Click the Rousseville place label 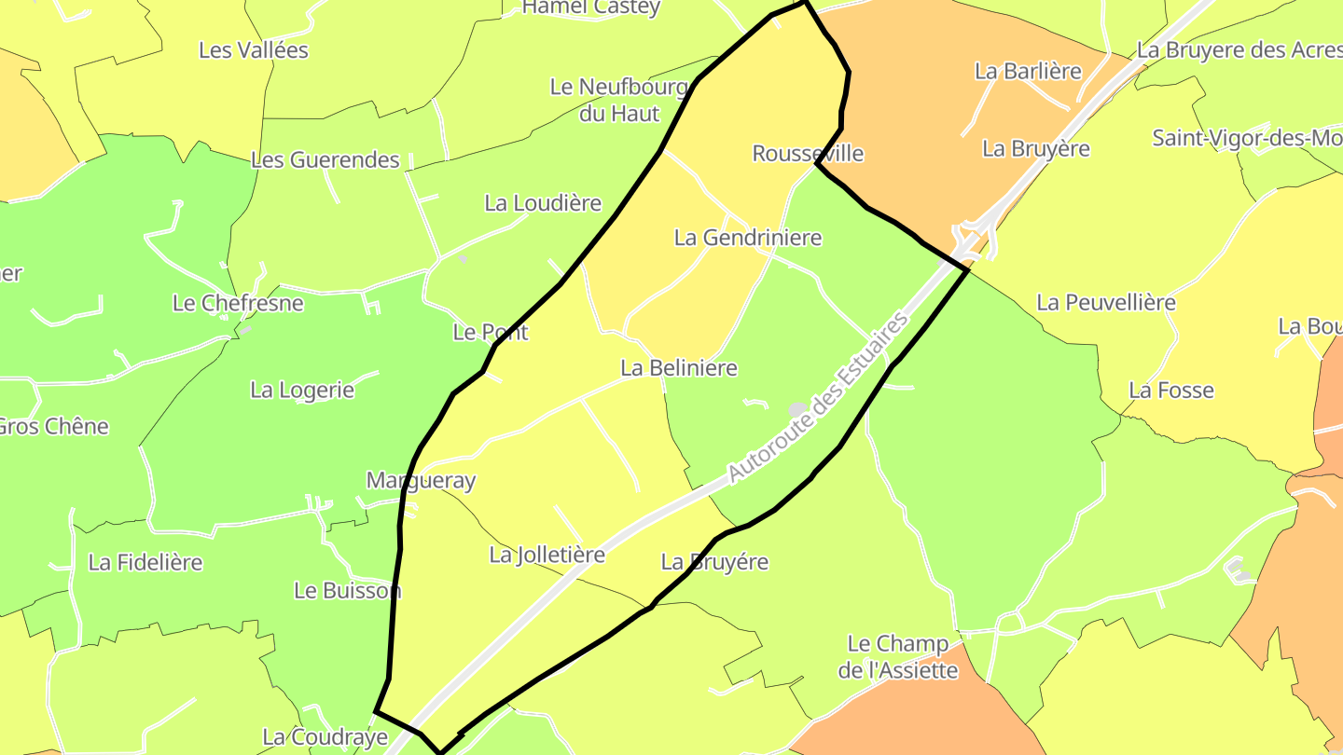tap(808, 153)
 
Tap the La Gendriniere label tap(748, 238)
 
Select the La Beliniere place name tap(679, 368)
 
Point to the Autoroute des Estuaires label tap(817, 399)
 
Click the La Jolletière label tap(547, 555)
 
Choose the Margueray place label tap(421, 481)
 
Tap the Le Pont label tap(491, 332)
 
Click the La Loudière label tap(543, 203)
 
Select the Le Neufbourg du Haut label tap(619, 100)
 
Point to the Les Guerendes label tap(325, 159)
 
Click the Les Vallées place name tap(254, 50)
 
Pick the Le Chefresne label tap(239, 303)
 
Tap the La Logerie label tap(302, 390)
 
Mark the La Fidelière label tap(145, 562)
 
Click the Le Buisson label tap(347, 590)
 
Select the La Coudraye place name tap(325, 737)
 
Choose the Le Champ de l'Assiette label tap(898, 656)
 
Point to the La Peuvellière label tap(1106, 302)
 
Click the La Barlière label tap(1028, 71)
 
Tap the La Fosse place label tap(1171, 391)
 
